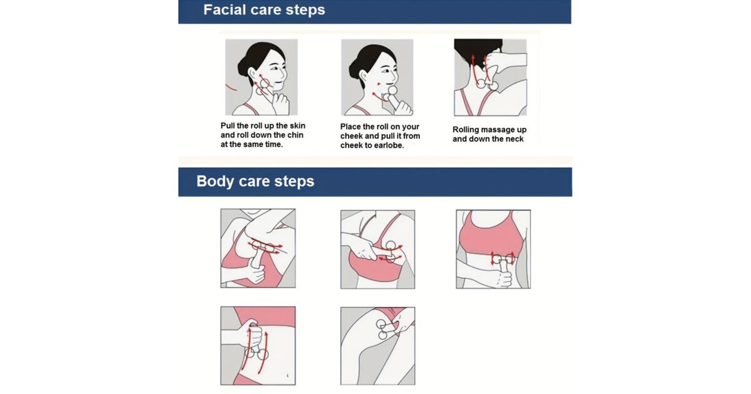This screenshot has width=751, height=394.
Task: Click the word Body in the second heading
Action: tap(215, 181)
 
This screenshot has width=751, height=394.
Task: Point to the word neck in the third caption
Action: tap(514, 139)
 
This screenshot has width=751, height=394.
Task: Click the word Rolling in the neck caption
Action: tap(466, 130)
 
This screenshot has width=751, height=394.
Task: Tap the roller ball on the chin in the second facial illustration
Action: tap(392, 90)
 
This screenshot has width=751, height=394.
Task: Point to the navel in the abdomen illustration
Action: tap(287, 376)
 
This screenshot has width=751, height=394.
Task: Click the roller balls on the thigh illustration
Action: tap(382, 330)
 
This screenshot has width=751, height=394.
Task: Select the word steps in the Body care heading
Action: tap(294, 181)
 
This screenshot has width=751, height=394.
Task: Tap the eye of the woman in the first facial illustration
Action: tap(275, 68)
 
